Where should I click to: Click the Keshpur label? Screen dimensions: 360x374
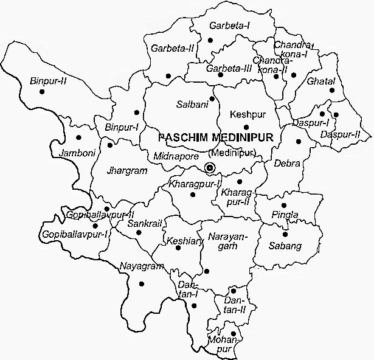pyautogui.click(x=245, y=115)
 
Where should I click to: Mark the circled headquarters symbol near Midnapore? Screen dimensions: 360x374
pyautogui.click(x=210, y=167)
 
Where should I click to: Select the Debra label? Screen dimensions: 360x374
pyautogui.click(x=286, y=163)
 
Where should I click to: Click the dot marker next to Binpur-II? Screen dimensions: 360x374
pyautogui.click(x=41, y=91)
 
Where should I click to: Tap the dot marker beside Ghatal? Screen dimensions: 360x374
pyautogui.click(x=332, y=91)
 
